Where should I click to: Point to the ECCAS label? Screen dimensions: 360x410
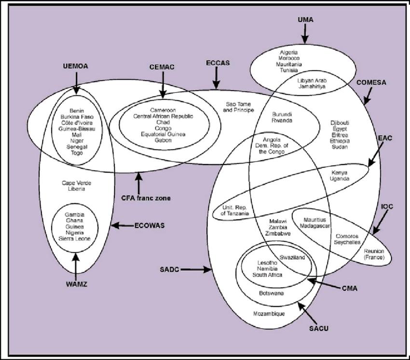(x=217, y=63)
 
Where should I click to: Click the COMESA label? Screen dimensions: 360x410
(x=371, y=82)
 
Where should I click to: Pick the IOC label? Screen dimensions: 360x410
(x=387, y=206)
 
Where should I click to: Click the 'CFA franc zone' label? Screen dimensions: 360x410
(x=139, y=197)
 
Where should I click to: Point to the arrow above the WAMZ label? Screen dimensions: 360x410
(x=75, y=265)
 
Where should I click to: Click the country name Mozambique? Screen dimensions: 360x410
(x=269, y=314)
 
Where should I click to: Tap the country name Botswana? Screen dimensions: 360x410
(x=272, y=293)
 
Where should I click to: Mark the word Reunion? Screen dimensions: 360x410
(x=374, y=251)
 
